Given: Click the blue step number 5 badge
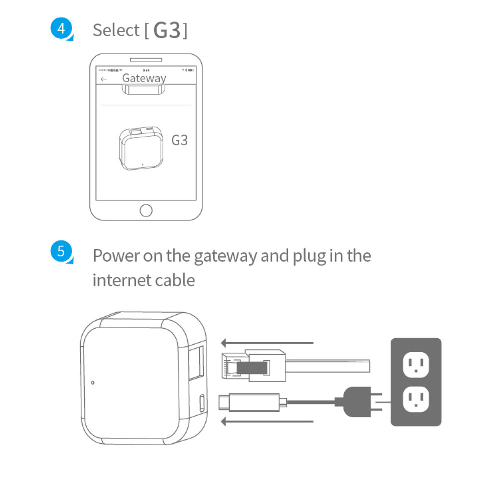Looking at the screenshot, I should click(61, 251).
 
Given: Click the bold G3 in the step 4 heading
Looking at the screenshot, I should click(167, 31).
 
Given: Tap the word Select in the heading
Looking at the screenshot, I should click(116, 30).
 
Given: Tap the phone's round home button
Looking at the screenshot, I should click(146, 210).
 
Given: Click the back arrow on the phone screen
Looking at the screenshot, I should click(104, 79).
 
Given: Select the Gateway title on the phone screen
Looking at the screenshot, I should click(144, 78).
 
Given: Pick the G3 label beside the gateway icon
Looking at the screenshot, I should click(179, 140).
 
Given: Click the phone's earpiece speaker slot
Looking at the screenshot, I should click(146, 60).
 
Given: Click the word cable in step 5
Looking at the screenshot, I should click(176, 280).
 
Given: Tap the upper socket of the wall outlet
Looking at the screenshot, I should click(416, 366).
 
